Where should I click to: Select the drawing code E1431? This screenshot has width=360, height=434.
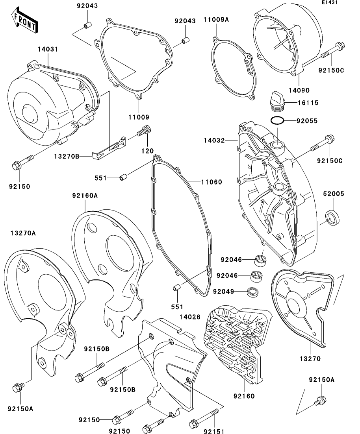[x=329, y=3]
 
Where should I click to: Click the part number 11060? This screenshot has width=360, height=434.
[x=212, y=182]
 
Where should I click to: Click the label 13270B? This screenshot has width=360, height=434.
[x=67, y=157]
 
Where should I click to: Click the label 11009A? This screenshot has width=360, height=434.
[x=216, y=19]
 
